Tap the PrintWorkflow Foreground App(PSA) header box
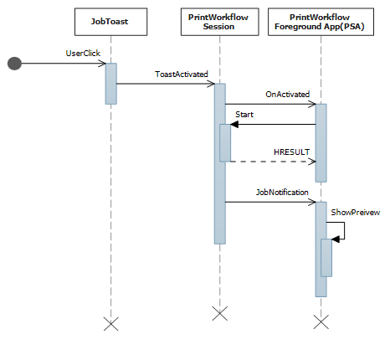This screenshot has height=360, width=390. (320, 21)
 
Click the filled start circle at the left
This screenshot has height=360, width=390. (14, 64)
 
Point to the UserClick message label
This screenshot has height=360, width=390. (83, 54)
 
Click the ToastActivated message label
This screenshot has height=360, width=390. (182, 74)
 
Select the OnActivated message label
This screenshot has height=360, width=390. (287, 95)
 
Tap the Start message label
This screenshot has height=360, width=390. (244, 113)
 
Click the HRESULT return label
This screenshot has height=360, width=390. (290, 151)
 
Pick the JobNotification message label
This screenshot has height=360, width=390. (282, 192)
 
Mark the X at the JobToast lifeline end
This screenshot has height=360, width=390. (110, 322)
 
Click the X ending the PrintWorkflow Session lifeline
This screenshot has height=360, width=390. (219, 314)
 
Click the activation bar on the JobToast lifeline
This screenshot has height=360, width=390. (110, 84)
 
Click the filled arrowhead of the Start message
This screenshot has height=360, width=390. (235, 124)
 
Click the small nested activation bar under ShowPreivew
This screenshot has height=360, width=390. (326, 257)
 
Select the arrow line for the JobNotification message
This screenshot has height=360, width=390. (268, 201)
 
